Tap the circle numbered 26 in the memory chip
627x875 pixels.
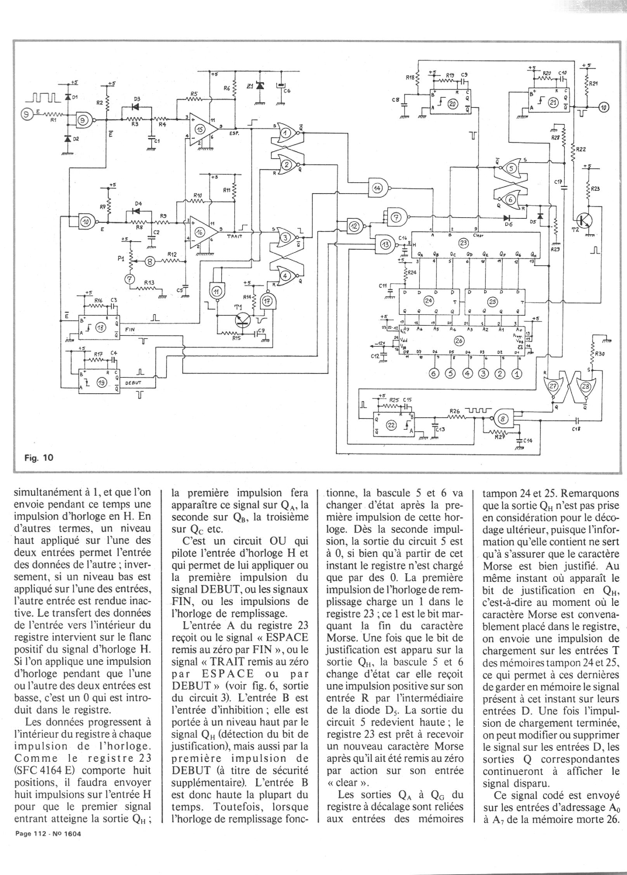pyautogui.click(x=458, y=340)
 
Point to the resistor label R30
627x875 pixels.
pyautogui.click(x=600, y=354)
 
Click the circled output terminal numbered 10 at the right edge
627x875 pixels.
pyautogui.click(x=604, y=107)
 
